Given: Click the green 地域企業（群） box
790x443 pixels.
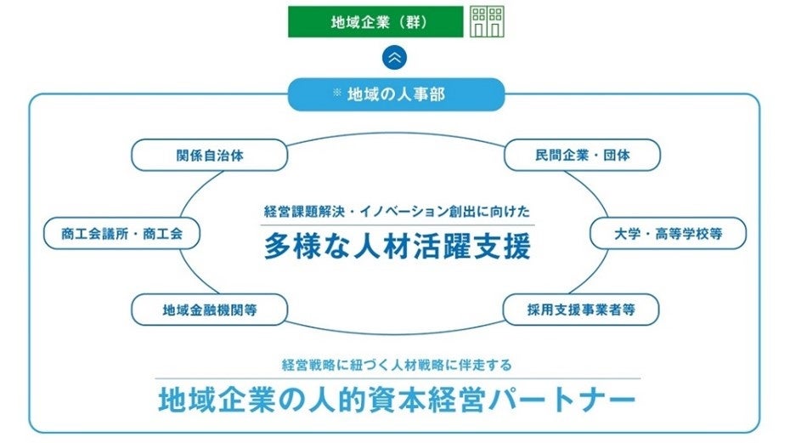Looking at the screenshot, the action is click(x=375, y=22).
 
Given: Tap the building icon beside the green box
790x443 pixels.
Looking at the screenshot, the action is click(x=487, y=22).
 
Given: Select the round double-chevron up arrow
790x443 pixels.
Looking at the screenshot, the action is click(x=395, y=58).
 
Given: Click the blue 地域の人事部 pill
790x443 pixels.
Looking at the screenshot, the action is click(x=396, y=94).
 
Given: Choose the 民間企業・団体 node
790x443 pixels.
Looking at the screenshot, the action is click(x=583, y=156).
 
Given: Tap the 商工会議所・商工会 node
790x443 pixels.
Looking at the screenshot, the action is click(x=121, y=233).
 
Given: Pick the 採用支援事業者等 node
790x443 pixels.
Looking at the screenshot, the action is click(x=581, y=310).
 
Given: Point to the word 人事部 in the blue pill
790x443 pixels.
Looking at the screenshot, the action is click(x=425, y=94).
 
